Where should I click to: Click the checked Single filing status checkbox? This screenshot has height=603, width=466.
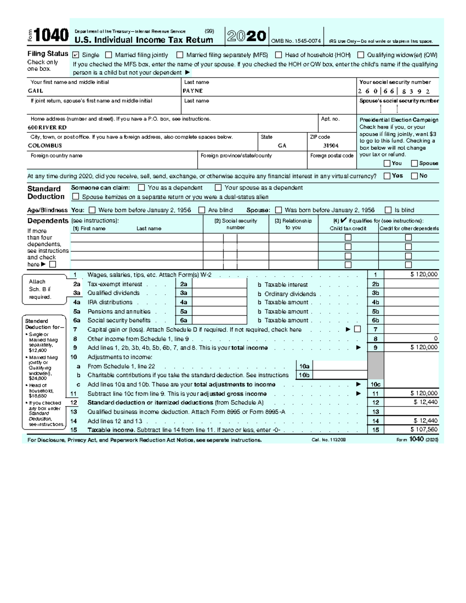click(x=76, y=55)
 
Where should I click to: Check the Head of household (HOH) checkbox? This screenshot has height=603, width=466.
click(x=278, y=55)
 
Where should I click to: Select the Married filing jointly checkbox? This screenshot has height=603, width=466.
click(x=109, y=55)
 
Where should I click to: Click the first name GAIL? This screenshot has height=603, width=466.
click(x=35, y=91)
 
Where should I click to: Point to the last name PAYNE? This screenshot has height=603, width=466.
click(x=193, y=91)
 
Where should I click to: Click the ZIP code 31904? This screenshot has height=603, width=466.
click(x=331, y=146)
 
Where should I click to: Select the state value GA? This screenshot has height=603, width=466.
click(x=282, y=146)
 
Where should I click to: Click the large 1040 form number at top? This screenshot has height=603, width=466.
click(x=51, y=36)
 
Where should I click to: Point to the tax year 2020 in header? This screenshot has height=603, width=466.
click(x=247, y=36)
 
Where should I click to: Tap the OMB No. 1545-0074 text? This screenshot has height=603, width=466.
click(x=296, y=41)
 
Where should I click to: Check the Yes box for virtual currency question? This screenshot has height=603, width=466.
click(x=387, y=176)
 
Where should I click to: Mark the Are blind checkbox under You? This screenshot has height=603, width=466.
click(x=202, y=210)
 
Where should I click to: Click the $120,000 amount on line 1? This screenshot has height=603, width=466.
click(x=424, y=275)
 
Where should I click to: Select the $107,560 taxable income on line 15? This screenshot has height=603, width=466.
click(x=424, y=430)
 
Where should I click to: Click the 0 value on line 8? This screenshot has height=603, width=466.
click(x=436, y=339)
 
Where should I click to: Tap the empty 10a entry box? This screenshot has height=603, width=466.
click(x=340, y=366)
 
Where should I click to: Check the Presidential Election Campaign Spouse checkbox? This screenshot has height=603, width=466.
click(x=414, y=163)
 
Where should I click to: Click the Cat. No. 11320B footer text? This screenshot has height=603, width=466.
click(x=329, y=440)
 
